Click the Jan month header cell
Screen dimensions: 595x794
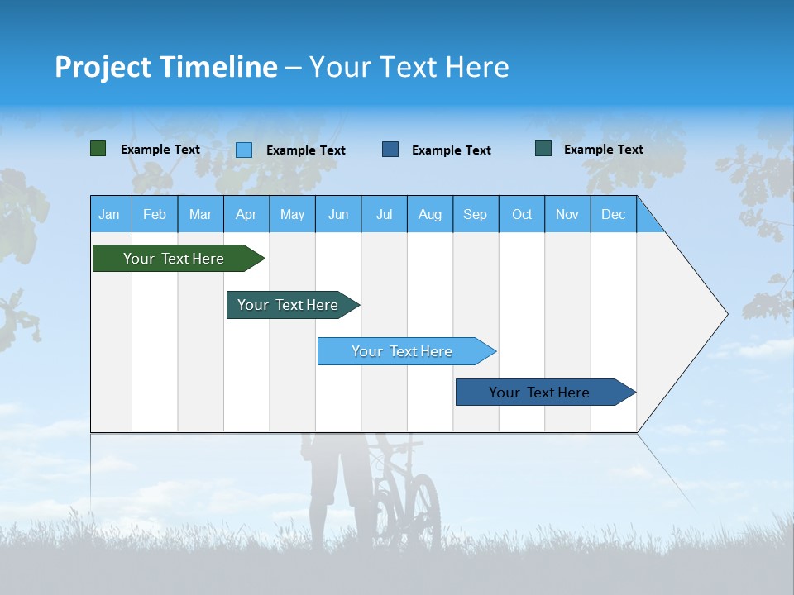(x=110, y=214)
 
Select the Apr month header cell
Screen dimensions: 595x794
(x=246, y=214)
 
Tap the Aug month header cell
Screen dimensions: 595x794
(x=430, y=214)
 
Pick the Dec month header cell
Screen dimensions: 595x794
(x=614, y=214)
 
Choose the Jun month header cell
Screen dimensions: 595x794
(x=338, y=214)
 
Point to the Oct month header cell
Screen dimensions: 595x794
(x=522, y=214)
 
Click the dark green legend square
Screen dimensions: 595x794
(x=98, y=149)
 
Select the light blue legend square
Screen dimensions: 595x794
(x=244, y=150)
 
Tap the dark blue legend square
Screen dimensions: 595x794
(x=390, y=150)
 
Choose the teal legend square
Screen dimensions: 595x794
(x=543, y=149)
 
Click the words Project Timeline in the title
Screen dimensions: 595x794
(x=166, y=67)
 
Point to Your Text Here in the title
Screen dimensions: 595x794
(x=409, y=67)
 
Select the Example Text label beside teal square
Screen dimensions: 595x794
(x=603, y=150)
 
